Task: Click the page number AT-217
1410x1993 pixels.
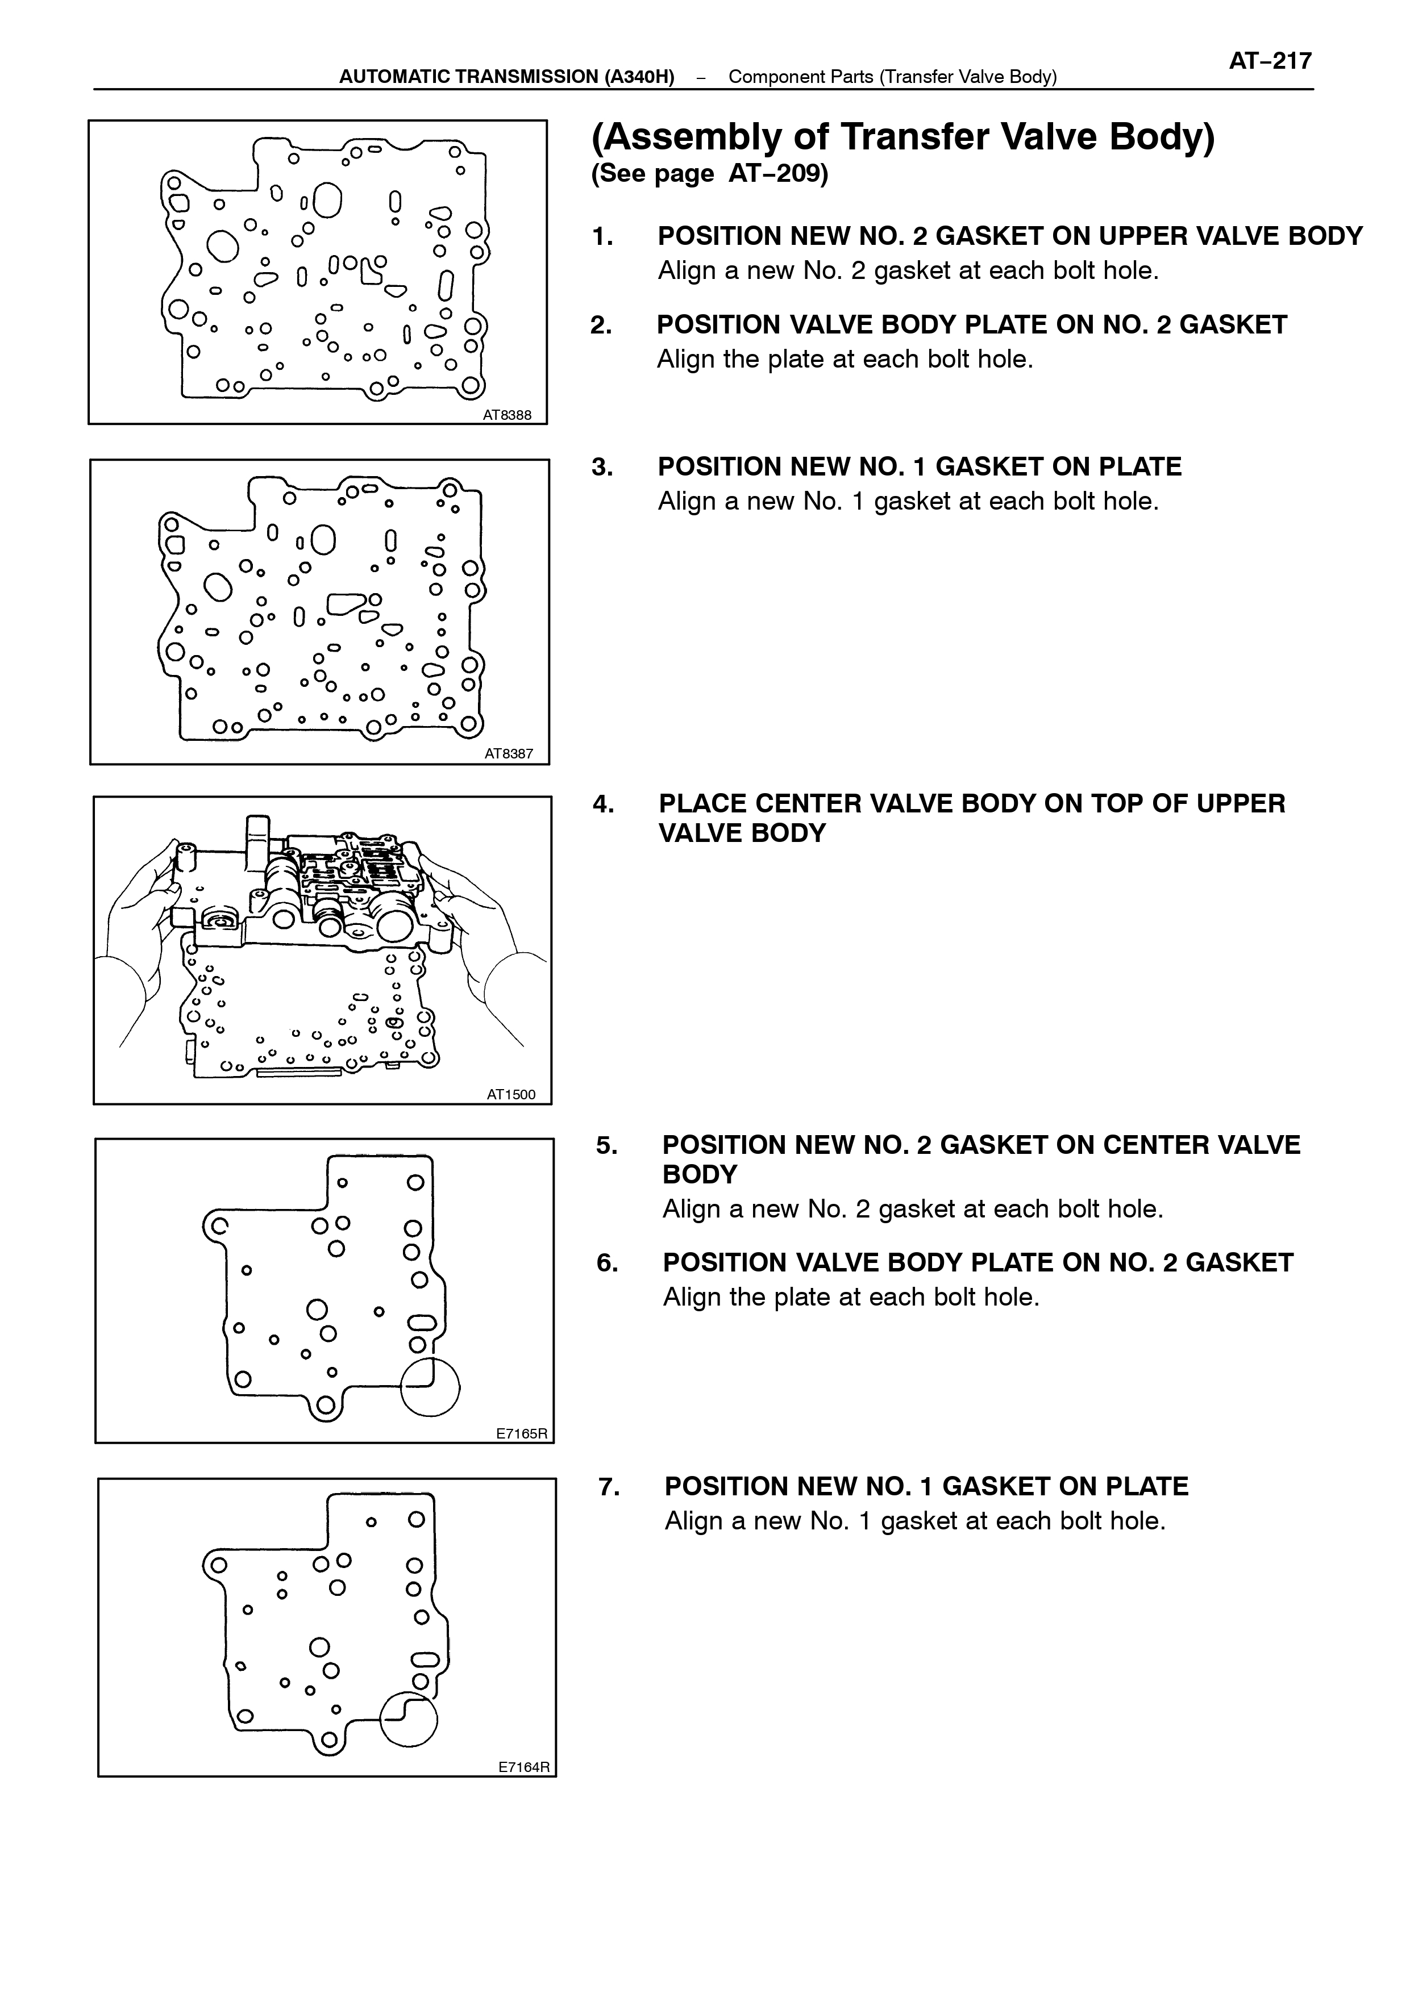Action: point(1270,61)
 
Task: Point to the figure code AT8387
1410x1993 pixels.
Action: point(509,754)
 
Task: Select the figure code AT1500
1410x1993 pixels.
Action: point(511,1095)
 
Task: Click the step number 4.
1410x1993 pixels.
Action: point(604,804)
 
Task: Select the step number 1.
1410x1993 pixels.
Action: point(602,236)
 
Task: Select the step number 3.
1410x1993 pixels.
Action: point(602,467)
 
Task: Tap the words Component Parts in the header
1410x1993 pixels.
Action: point(801,76)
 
